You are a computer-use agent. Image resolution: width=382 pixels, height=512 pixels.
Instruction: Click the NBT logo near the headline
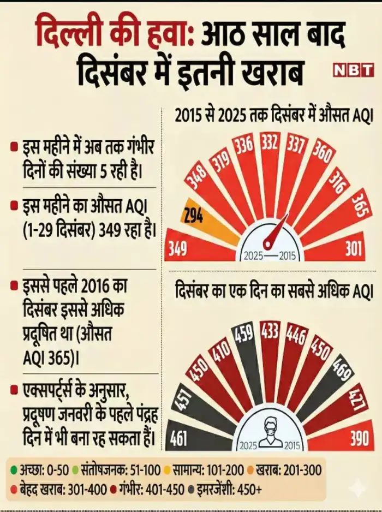[x=353, y=70]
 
